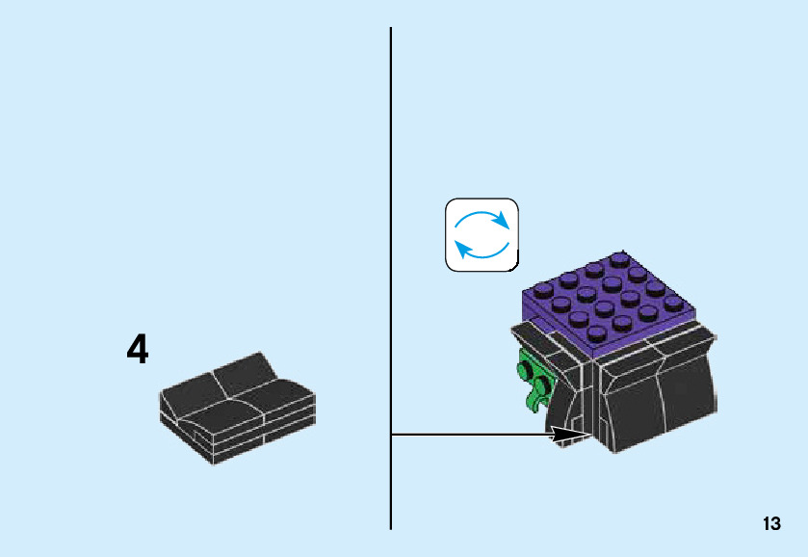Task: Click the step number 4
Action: pyautogui.click(x=138, y=350)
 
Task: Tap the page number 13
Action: pyautogui.click(x=770, y=524)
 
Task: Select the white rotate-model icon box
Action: pyautogui.click(x=482, y=234)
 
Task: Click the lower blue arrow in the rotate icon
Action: pyautogui.click(x=479, y=252)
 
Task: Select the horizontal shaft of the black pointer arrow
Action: pyautogui.click(x=472, y=435)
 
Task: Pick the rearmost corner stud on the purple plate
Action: pyautogui.click(x=617, y=258)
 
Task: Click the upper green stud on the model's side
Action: pyautogui.click(x=528, y=366)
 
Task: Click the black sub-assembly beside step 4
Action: pyautogui.click(x=236, y=408)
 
